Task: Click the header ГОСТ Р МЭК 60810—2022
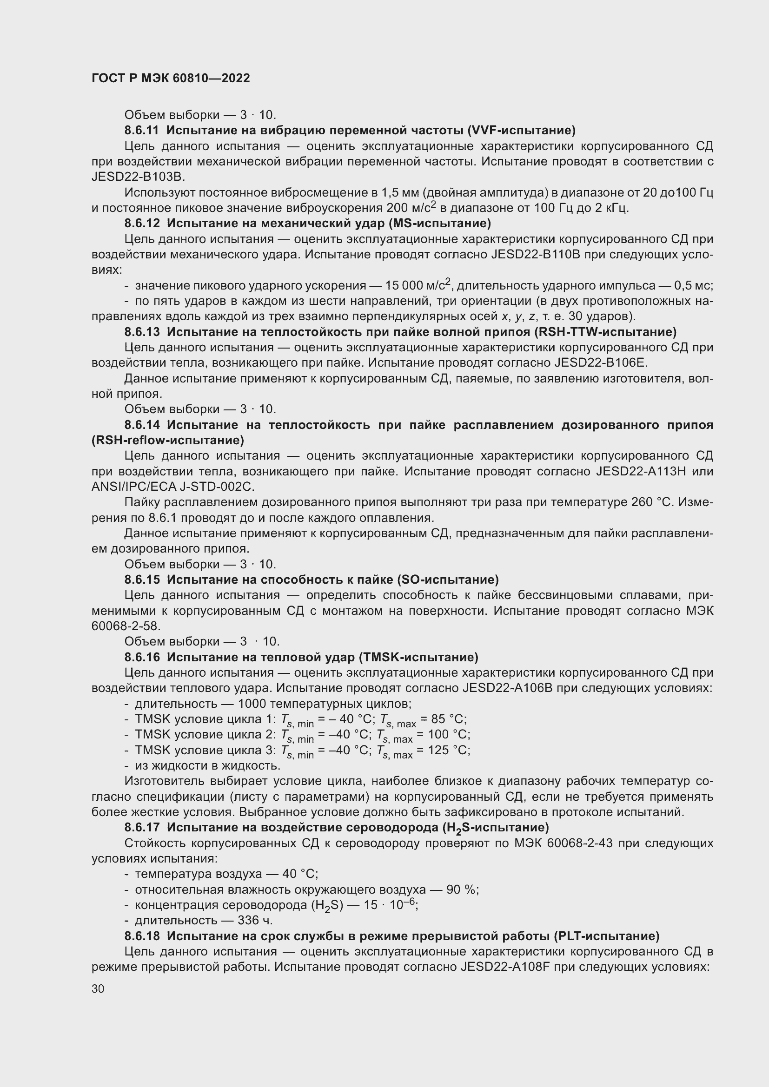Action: (171, 79)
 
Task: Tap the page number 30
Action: (98, 988)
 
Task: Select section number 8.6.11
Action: (142, 130)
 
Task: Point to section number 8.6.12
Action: (142, 223)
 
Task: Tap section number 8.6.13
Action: (142, 332)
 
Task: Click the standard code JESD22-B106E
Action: (600, 362)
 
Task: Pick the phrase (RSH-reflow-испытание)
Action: (168, 441)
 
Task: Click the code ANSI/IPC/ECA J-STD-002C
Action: (173, 487)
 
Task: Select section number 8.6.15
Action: (142, 580)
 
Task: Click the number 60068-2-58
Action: (126, 626)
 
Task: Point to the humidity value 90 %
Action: (462, 889)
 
